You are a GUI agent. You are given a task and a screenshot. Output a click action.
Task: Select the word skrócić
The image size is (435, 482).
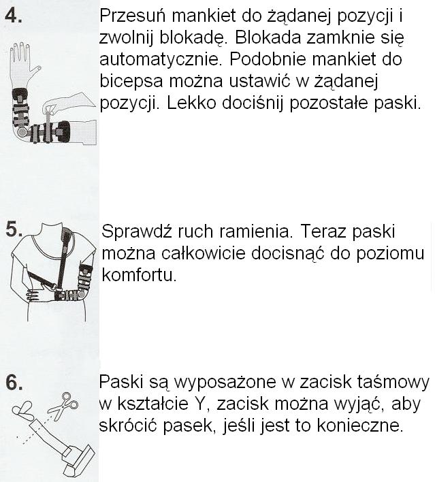coord(127,425)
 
